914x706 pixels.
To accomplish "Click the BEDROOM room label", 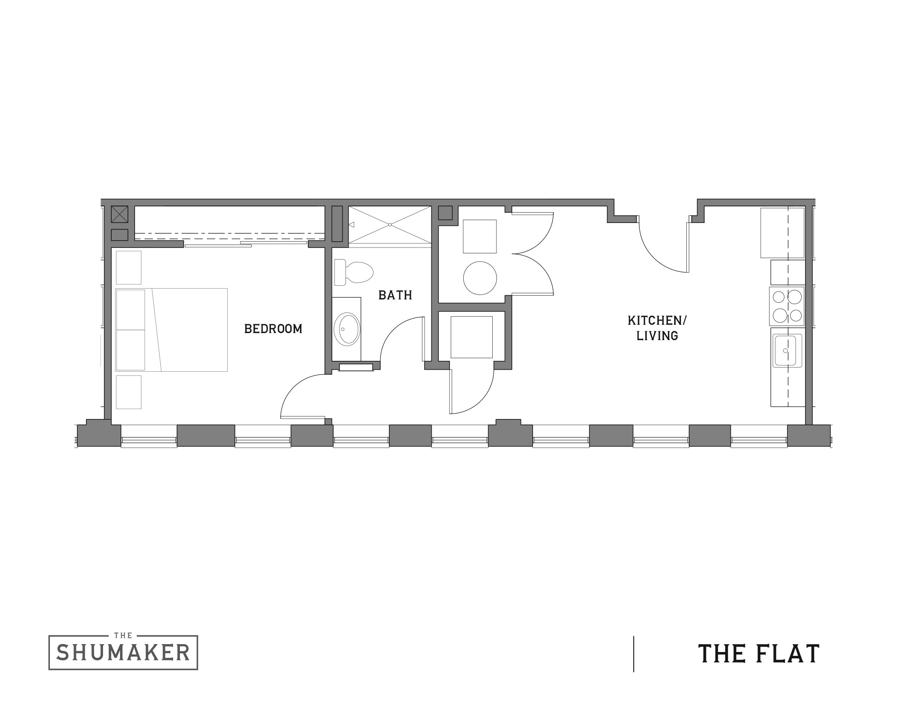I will click(273, 329).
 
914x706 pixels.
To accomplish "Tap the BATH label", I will click(395, 295).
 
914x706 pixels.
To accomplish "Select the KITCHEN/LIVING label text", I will click(657, 328).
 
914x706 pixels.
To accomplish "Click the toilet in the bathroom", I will click(353, 272).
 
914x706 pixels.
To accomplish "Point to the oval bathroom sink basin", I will click(346, 329).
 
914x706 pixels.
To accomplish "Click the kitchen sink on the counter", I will click(786, 351).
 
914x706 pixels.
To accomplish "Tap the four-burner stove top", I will click(786, 306).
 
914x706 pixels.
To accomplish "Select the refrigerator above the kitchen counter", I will click(782, 233).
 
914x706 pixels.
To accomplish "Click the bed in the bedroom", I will click(172, 330).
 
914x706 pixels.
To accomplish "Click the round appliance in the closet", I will click(479, 278).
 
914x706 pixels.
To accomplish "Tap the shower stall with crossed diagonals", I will click(390, 225).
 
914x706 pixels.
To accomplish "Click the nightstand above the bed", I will click(128, 267).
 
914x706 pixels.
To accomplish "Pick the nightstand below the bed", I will click(128, 392).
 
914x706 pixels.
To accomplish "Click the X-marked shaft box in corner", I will click(119, 214).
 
